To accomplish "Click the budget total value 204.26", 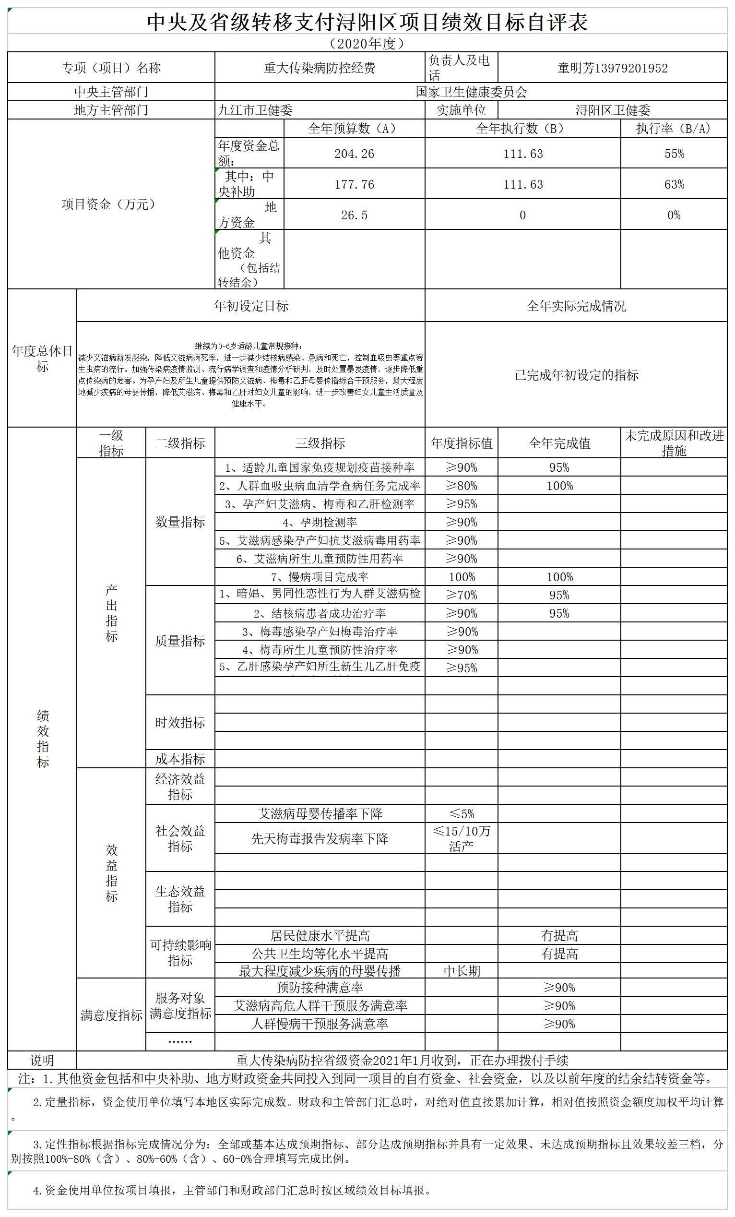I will [x=354, y=154].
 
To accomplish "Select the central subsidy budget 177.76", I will [x=354, y=184].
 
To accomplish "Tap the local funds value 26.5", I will [x=354, y=215].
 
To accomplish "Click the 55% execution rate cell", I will [x=674, y=154].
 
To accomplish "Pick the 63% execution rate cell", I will [x=674, y=184].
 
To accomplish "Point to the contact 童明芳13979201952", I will [x=612, y=68].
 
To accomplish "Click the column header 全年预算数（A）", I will [x=354, y=129].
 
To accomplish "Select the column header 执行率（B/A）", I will [x=674, y=129].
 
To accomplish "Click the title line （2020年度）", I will [x=367, y=44].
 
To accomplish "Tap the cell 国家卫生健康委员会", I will [x=471, y=92].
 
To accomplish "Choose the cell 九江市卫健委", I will [x=255, y=110].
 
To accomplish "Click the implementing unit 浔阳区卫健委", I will [x=612, y=110].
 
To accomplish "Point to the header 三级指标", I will [x=320, y=443].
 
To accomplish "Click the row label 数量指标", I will [x=180, y=522].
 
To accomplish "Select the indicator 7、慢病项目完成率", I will [x=320, y=577].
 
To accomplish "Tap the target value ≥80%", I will [x=461, y=486].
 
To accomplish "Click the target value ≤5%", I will [x=461, y=813].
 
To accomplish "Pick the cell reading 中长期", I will [x=461, y=971].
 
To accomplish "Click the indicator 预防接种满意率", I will [x=320, y=987].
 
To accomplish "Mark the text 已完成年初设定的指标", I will [x=576, y=375].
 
